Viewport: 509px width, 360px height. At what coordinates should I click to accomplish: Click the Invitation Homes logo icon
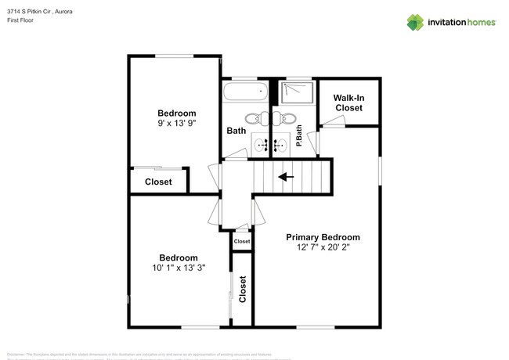coord(416,21)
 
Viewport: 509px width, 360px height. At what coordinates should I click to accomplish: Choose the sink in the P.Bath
coord(283,144)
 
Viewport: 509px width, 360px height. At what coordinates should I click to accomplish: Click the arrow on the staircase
coord(287,177)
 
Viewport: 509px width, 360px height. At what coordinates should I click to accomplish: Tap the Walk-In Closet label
coord(348,103)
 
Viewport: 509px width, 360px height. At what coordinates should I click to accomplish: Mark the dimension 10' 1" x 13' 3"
coord(179,268)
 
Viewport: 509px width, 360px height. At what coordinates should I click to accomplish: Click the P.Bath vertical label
coord(299,141)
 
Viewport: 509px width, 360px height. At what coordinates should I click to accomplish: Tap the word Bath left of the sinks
coord(236,131)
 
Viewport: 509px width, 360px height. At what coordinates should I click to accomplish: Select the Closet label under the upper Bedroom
coord(158,182)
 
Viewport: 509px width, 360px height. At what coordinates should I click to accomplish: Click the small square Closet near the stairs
coord(242,242)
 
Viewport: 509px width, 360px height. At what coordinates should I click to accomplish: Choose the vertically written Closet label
coord(243,289)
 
